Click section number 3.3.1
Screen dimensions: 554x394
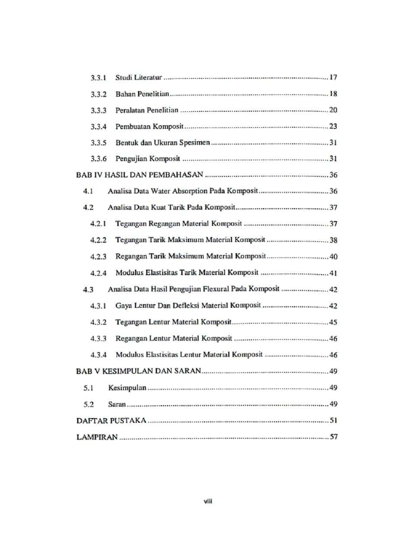coord(98,78)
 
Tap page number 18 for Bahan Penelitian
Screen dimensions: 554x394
coord(333,94)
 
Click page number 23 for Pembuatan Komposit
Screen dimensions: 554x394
coord(333,127)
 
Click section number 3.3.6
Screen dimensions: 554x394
coord(98,160)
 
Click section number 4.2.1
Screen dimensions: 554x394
coord(98,224)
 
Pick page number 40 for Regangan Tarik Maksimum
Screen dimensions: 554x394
coord(333,257)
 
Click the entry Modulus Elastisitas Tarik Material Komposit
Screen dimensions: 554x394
coord(187,273)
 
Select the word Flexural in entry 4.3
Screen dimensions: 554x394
coord(220,289)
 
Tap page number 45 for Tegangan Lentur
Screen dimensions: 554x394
coord(333,322)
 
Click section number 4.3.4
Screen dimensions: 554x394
coord(98,355)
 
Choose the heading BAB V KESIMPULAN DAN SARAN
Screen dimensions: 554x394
coord(140,371)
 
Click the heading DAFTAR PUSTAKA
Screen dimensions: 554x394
coord(111,421)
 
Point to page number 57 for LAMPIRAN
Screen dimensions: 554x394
coord(333,437)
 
